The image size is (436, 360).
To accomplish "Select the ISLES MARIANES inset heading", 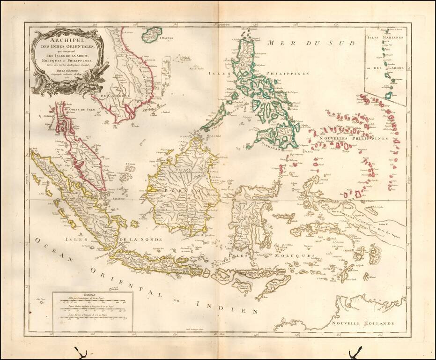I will pos(385,37).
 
